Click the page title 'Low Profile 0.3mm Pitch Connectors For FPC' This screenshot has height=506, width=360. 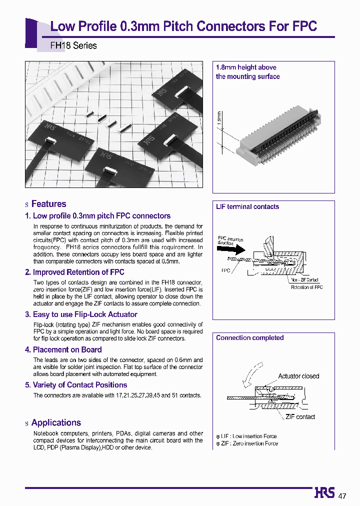click(183, 26)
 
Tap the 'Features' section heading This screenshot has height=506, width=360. click(48, 204)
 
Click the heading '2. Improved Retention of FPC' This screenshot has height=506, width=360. click(74, 272)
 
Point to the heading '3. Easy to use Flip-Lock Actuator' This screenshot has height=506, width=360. click(81, 314)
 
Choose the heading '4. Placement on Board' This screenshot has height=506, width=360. click(63, 350)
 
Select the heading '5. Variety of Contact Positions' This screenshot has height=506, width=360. click(76, 385)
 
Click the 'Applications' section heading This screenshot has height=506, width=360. click(56, 423)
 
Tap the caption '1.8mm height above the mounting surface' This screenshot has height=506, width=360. click(247, 72)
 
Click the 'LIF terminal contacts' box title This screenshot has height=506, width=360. click(247, 207)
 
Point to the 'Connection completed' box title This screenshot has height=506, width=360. click(249, 338)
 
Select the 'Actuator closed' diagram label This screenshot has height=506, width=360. click(298, 376)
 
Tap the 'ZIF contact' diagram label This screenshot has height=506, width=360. click(300, 417)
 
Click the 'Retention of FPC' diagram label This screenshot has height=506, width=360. click(306, 287)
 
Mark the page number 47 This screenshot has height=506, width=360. click(342, 496)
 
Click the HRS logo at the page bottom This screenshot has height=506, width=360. click(324, 493)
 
